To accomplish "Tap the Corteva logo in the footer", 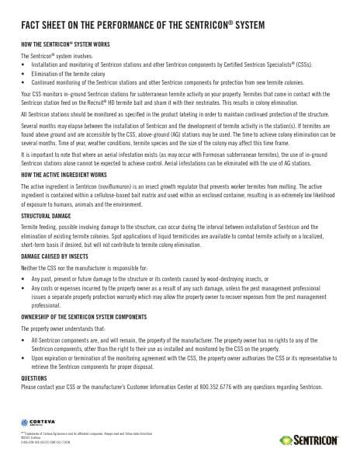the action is pyautogui.click(x=39, y=421).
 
